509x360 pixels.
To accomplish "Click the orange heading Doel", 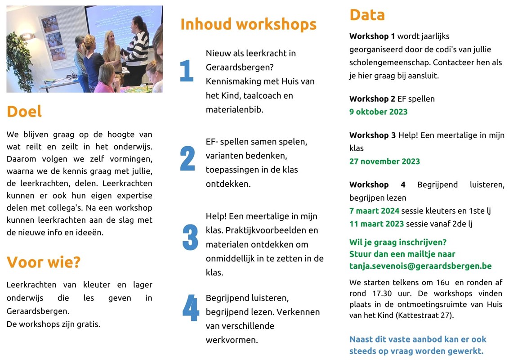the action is coord(24,112).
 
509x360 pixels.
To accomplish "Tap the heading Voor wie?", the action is coord(44,262).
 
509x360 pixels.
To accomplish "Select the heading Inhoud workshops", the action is coord(248,24).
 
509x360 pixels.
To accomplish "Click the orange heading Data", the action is coord(367,15).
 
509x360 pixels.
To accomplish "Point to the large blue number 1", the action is coord(187,70).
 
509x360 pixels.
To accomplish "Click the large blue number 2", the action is coord(188,158).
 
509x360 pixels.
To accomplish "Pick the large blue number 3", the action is coord(190,237).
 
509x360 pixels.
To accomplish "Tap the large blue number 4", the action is coord(191,307).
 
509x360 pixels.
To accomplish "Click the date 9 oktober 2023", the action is coord(378,112).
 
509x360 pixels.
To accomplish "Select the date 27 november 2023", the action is coord(384,162).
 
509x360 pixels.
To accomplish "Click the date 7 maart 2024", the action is coord(374,211).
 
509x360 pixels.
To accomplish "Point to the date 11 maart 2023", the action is coord(376,224).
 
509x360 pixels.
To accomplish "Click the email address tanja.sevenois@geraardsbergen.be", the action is coord(420,266).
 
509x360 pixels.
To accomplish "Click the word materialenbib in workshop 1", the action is coord(234,110).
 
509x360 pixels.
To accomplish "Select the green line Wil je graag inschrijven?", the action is coord(398,243).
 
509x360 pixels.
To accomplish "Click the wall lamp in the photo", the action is coord(28,36).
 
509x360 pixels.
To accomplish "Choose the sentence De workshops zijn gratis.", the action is coord(53,324).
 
